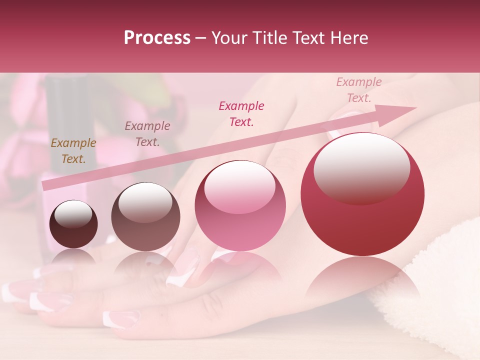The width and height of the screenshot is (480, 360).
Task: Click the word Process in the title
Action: (157, 38)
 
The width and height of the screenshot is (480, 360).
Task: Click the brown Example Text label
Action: (73, 151)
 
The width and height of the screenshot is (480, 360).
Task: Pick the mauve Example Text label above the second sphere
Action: (147, 134)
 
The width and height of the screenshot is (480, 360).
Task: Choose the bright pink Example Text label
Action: (241, 113)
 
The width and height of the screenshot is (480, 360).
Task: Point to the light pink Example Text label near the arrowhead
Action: (359, 90)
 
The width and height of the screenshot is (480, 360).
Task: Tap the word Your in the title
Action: (228, 38)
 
